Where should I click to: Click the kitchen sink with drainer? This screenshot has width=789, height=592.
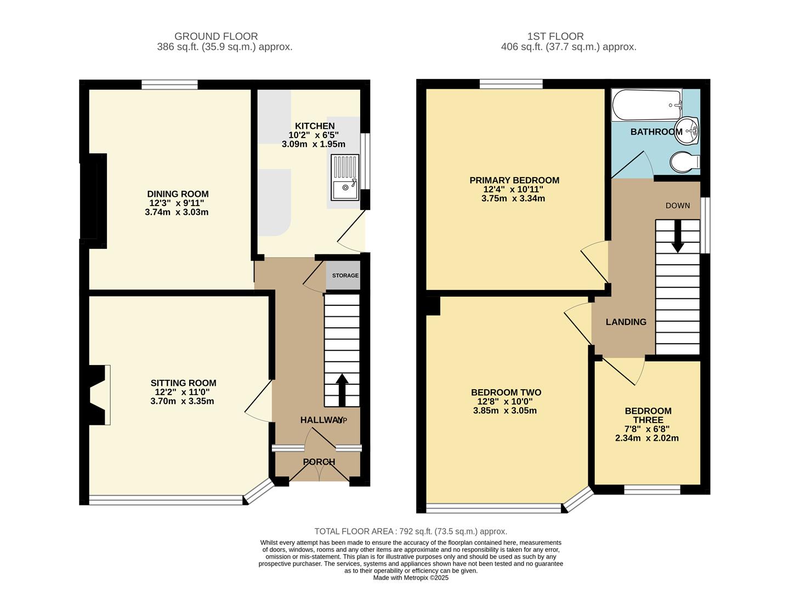coord(344,177)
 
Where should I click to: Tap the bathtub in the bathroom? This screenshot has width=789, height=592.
coord(646,105)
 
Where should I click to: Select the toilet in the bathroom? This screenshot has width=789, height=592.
coord(684,162)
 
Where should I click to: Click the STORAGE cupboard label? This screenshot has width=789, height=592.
coord(345,276)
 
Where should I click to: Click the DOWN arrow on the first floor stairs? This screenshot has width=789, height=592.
coord(678,236)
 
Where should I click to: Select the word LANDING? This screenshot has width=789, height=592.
coord(626,322)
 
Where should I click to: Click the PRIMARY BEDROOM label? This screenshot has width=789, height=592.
coord(514,180)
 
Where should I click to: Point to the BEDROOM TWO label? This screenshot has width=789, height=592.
coord(506,392)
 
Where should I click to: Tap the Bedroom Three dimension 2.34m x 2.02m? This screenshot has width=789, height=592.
coord(647,438)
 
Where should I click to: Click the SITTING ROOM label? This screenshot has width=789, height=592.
coord(183,383)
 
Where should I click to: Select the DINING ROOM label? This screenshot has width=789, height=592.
coord(178,194)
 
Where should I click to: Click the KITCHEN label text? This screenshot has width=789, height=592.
coord(314,126)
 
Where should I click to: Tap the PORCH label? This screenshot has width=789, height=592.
coord(319,462)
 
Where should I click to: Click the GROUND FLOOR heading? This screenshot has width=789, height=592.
coord(216,37)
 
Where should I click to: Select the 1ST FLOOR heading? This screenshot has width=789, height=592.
coord(555,37)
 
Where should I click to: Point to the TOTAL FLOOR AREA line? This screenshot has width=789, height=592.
coord(410,531)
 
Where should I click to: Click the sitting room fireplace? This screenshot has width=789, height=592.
coord(99,395)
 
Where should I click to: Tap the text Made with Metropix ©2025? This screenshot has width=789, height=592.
coord(410,578)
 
